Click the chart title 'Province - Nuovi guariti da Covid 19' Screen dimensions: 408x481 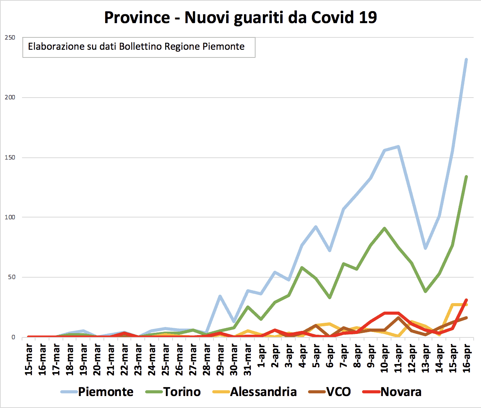tap(240, 18)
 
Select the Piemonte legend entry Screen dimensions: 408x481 tap(105, 392)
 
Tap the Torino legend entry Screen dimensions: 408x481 tap(182, 392)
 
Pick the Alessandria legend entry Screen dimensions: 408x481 tap(263, 392)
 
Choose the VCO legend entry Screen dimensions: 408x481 tap(338, 392)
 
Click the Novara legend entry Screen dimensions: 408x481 tap(401, 392)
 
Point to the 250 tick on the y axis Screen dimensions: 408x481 tap(10, 37)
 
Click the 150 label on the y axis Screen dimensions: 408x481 tap(10, 157)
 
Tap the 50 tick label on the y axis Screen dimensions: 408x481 tap(11, 277)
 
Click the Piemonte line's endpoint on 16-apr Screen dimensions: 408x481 tap(466, 59)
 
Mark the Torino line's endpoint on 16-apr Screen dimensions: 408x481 tap(466, 177)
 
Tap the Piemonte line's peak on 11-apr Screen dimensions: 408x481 tap(398, 147)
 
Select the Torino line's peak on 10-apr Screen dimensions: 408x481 tap(384, 228)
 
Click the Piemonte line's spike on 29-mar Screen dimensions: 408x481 tap(220, 296)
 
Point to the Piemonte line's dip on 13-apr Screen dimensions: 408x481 tap(425, 248)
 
